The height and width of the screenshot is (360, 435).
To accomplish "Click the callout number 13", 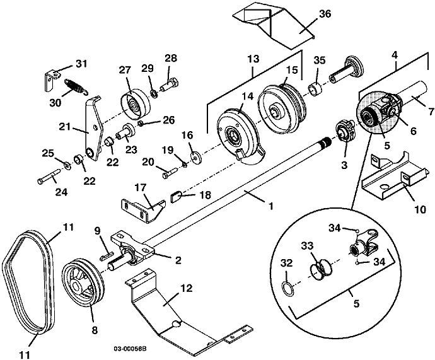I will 254,58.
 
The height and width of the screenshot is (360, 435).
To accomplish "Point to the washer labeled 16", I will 193,156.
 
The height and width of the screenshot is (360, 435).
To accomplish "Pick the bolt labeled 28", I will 171,81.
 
